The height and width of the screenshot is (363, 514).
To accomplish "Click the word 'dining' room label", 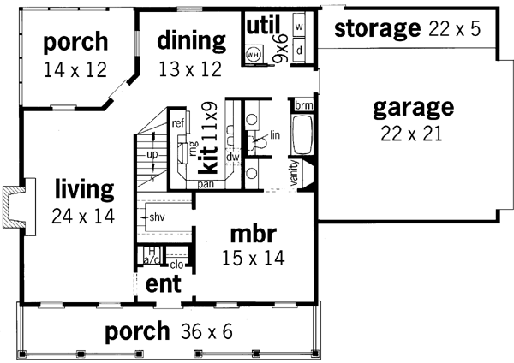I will (x=192, y=39).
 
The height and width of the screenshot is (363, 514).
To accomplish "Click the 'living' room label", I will (x=84, y=187).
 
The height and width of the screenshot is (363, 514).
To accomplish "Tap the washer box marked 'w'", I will (x=300, y=27).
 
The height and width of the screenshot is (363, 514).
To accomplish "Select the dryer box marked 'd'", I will (x=300, y=51).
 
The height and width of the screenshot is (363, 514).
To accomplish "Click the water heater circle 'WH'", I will (x=254, y=53).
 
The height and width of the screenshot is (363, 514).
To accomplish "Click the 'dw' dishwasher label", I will (x=231, y=157).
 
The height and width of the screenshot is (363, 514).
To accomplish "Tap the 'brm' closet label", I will (x=302, y=105).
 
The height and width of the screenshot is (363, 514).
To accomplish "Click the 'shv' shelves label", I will (x=157, y=217).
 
